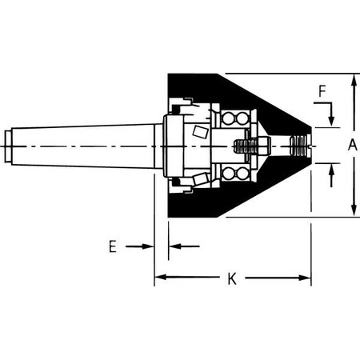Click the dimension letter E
pos(114,246)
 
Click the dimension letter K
pos(232,278)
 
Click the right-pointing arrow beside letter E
pos(148,246)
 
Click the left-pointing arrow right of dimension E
pos(174,246)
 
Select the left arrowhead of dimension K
pos(159,278)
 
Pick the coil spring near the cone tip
pos(298,146)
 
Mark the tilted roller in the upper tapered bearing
pos(201,130)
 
